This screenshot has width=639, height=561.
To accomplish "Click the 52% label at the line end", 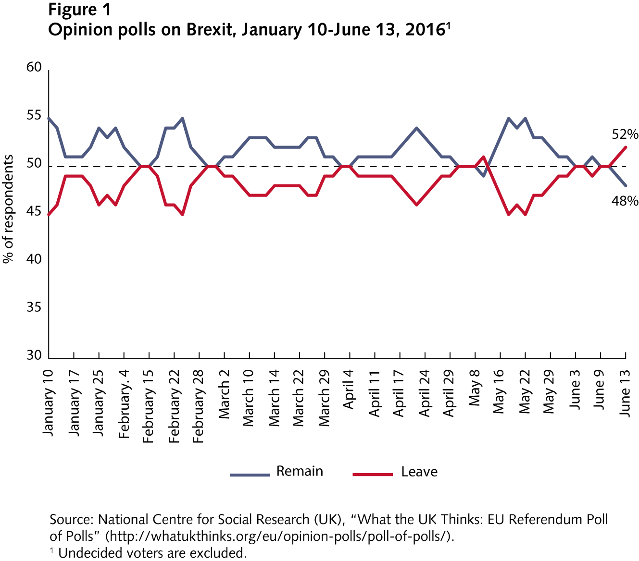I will pos(625,134).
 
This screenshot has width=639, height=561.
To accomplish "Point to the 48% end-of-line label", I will pos(625,201).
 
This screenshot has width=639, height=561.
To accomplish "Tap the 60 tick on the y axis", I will pos(34,67).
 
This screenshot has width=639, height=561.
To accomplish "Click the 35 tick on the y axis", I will pos(34,307).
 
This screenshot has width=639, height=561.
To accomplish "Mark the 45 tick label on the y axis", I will pos(34,211).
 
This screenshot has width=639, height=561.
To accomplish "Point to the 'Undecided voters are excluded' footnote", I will pos(152,553).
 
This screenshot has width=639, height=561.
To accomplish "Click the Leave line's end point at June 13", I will pos(626,147).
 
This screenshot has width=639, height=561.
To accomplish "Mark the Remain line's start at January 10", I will pos(49,118).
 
